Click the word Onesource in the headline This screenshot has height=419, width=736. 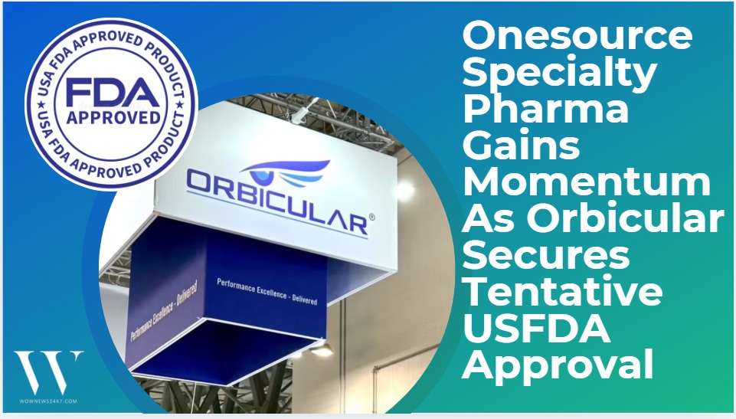click(x=577, y=37)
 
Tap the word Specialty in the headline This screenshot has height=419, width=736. click(x=560, y=74)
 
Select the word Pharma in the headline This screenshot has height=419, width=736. click(x=545, y=110)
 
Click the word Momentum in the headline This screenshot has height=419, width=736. click(x=586, y=182)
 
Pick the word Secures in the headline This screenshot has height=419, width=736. click(x=545, y=255)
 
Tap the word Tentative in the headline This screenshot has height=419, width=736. click(x=563, y=292)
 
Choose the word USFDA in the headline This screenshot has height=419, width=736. click(x=536, y=329)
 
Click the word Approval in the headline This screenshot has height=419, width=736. click(x=558, y=366)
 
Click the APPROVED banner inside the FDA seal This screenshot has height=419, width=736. click(x=112, y=119)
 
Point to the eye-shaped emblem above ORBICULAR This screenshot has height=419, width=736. click(x=292, y=169)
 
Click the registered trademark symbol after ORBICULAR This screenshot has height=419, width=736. click(x=372, y=218)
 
